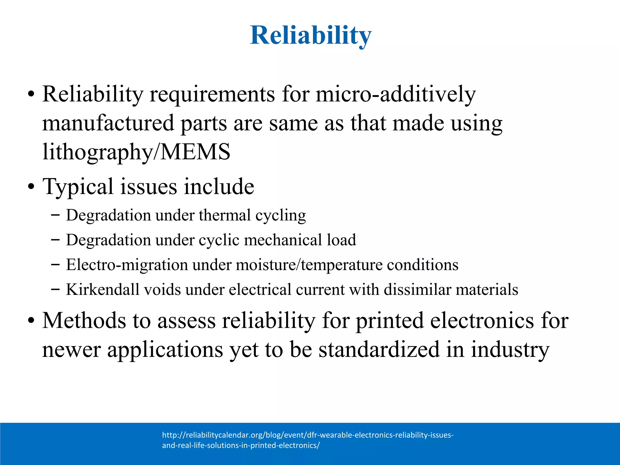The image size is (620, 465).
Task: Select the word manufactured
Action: pyautogui.click(x=108, y=123)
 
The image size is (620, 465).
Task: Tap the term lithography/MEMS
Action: pyautogui.click(x=136, y=152)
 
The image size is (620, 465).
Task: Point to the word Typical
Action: pyautogui.click(x=78, y=186)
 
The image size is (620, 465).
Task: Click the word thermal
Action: pyautogui.click(x=225, y=215)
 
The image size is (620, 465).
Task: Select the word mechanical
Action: pyautogui.click(x=283, y=240)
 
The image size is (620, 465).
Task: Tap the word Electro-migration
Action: pyautogui.click(x=127, y=265)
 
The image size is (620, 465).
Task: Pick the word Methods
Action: pyautogui.click(x=84, y=320)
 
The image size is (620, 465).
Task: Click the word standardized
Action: pyautogui.click(x=379, y=349)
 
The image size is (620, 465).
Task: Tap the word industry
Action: pyautogui.click(x=510, y=349)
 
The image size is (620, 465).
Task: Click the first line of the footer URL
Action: pyautogui.click(x=308, y=435)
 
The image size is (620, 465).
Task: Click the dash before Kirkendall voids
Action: pyautogui.click(x=55, y=289)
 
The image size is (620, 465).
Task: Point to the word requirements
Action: pyautogui.click(x=212, y=94)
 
